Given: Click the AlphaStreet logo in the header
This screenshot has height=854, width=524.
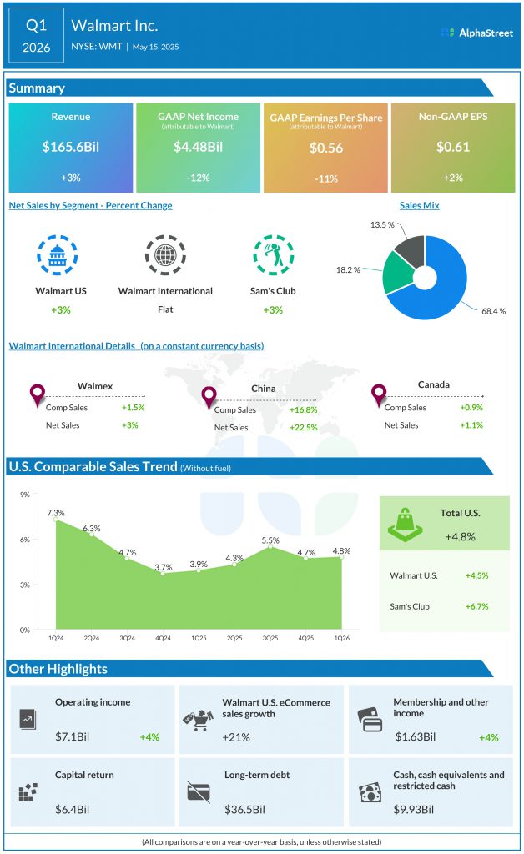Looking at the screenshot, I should (477, 33).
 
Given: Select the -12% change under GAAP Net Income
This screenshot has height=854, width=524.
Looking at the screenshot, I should (198, 178).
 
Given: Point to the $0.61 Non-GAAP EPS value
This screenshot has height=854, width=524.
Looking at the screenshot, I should (453, 148).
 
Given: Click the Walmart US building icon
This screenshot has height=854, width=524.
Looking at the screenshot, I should (57, 255).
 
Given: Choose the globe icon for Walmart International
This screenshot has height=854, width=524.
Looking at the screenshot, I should (165, 255).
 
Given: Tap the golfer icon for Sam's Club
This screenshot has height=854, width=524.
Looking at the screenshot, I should (273, 255).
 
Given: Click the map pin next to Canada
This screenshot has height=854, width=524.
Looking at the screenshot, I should (379, 394).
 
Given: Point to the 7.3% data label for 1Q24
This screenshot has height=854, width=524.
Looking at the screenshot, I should (56, 512).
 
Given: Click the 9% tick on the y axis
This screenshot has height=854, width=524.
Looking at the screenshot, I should (25, 495).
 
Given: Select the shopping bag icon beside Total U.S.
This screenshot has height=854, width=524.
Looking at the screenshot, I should (406, 524).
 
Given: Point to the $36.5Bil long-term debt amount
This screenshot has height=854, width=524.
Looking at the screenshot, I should (244, 809).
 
